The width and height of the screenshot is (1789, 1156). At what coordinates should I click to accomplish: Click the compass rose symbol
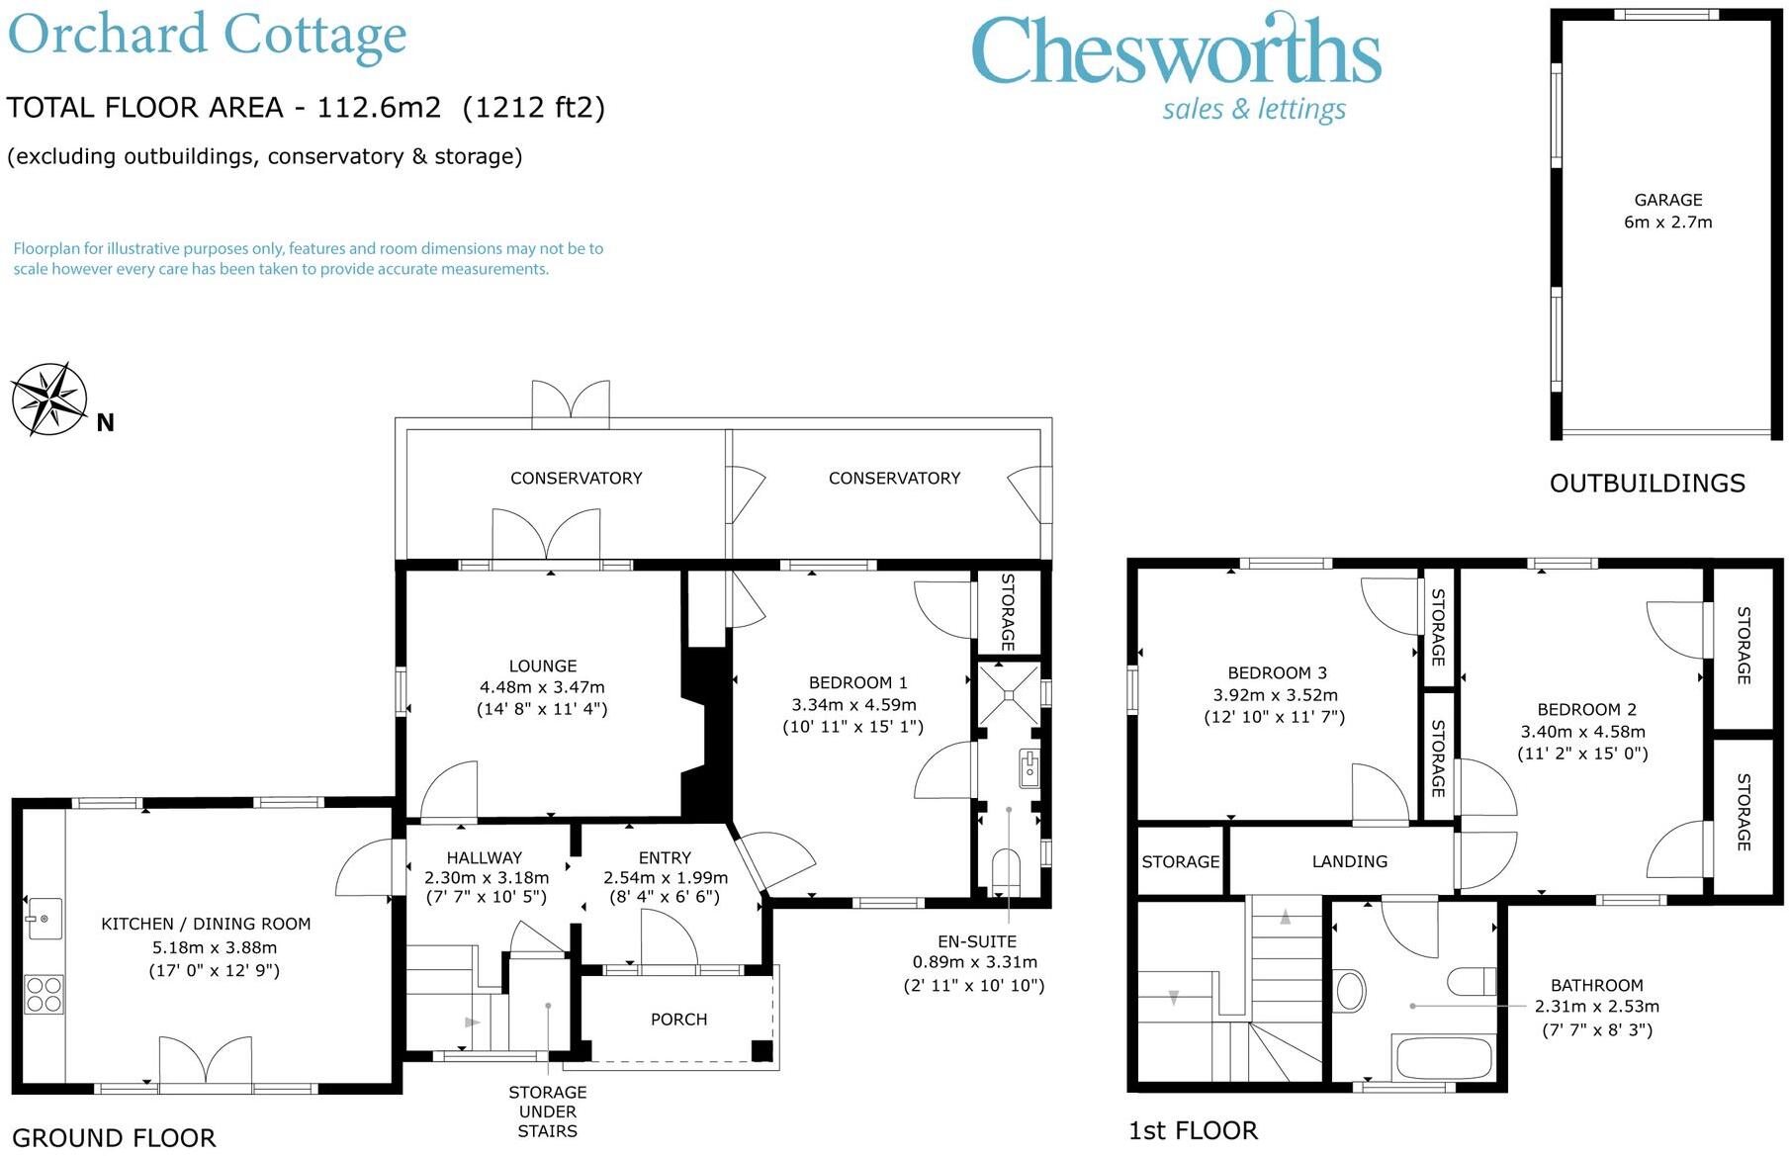(x=49, y=400)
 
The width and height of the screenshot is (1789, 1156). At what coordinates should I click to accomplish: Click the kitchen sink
(x=45, y=919)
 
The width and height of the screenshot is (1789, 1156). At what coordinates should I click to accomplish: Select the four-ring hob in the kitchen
(x=45, y=995)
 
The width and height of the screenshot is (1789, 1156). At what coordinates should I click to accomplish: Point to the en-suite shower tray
(x=1010, y=694)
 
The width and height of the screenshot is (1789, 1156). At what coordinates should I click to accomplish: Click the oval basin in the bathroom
(x=1350, y=990)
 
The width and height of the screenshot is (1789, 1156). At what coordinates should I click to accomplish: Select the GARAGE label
(x=1668, y=200)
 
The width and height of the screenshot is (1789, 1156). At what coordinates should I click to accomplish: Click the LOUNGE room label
(x=543, y=667)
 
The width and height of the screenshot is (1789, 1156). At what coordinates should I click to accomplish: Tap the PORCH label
(x=679, y=1020)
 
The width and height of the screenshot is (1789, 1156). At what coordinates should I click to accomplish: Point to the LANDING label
(x=1350, y=861)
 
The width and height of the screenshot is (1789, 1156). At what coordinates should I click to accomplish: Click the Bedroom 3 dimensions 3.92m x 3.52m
(x=1276, y=695)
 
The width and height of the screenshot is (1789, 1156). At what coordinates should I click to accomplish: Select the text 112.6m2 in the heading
(x=379, y=107)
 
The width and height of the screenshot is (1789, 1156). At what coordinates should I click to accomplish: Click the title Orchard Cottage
(x=208, y=36)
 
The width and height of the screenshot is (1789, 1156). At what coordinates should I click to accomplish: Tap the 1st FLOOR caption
(x=1194, y=1130)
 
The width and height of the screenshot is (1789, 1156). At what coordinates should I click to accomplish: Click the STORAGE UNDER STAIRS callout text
(x=548, y=1112)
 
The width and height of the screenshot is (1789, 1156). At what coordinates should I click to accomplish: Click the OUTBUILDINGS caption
(x=1648, y=484)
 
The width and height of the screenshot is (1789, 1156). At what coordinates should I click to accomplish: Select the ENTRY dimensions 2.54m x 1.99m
(x=666, y=877)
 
